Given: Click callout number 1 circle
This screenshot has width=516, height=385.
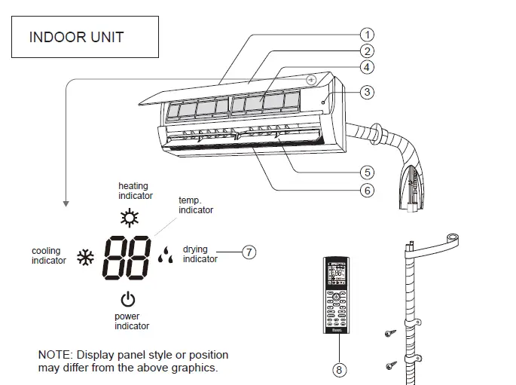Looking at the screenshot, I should pyautogui.click(x=367, y=34).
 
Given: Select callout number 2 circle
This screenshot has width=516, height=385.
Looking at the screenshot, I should pyautogui.click(x=367, y=51).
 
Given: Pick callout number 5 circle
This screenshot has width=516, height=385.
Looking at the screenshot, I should pyautogui.click(x=367, y=173).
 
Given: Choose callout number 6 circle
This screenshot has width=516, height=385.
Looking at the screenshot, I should pyautogui.click(x=367, y=191).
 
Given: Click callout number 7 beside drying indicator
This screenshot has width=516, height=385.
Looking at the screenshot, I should pyautogui.click(x=249, y=254).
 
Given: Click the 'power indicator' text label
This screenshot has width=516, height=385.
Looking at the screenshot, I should pyautogui.click(x=132, y=322).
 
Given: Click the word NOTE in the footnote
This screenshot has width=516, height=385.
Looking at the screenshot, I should pyautogui.click(x=53, y=355).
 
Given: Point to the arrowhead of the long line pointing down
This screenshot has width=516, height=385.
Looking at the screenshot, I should pyautogui.click(x=67, y=203).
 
